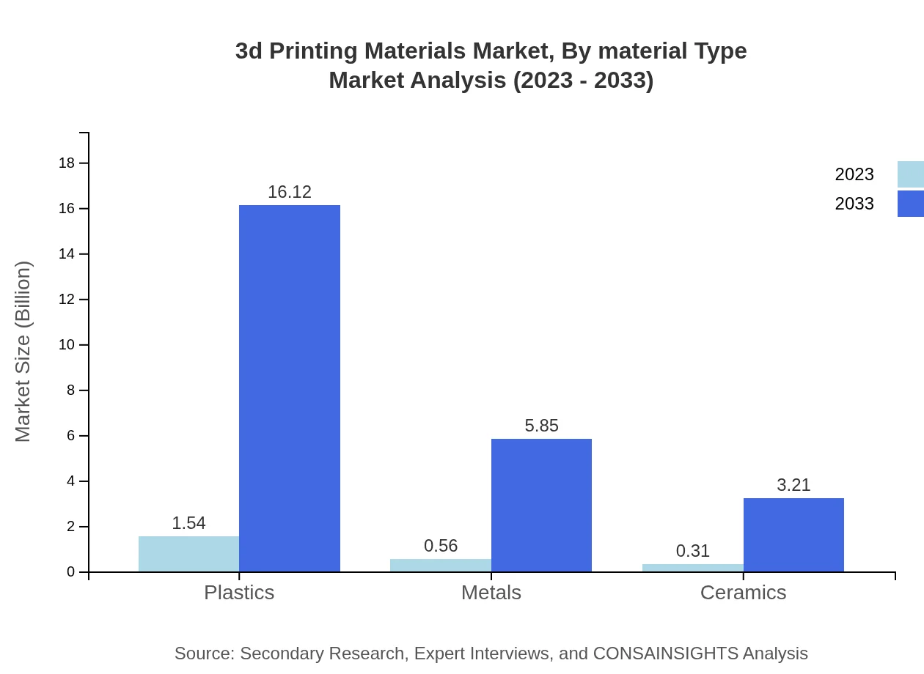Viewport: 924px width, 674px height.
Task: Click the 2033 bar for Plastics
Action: [290, 388]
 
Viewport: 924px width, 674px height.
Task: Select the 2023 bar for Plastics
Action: [188, 554]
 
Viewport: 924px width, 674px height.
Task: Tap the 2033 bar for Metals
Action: [541, 505]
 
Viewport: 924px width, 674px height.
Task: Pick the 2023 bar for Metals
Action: [440, 565]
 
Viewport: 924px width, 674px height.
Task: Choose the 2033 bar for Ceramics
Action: [793, 535]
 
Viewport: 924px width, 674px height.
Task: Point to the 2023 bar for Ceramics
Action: [692, 568]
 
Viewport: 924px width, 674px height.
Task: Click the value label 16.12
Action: [290, 192]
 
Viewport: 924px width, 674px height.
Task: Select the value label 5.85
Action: [541, 426]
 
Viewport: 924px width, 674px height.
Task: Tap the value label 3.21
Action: [793, 485]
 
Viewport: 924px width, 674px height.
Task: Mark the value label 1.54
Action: [188, 523]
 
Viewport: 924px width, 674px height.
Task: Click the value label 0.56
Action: [441, 546]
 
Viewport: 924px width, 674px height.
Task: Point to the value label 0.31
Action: [692, 551]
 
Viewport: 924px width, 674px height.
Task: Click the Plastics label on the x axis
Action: [239, 592]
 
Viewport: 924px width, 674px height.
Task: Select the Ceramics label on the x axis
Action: [743, 592]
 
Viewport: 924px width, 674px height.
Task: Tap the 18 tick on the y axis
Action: [67, 163]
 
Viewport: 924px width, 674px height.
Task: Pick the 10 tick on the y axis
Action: [67, 345]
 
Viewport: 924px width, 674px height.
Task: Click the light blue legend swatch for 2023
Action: [910, 174]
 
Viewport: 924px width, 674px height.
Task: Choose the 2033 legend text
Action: [854, 204]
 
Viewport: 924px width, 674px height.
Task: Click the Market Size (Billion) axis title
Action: [23, 352]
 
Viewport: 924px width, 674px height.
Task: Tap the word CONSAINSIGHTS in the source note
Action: [665, 653]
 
